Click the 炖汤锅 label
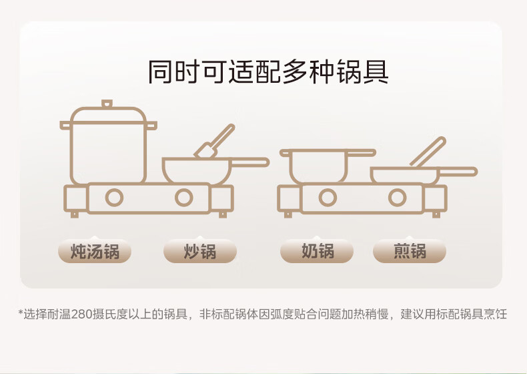[94, 252]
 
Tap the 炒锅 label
[199, 252]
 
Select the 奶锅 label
[317, 252]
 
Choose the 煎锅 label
[409, 252]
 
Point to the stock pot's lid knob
[107, 104]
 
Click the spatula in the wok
[214, 142]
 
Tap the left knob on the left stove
[115, 198]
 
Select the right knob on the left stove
[183, 198]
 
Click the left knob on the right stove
[327, 198]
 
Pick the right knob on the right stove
[397, 198]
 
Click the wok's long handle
[250, 162]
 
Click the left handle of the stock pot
[65, 125]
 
